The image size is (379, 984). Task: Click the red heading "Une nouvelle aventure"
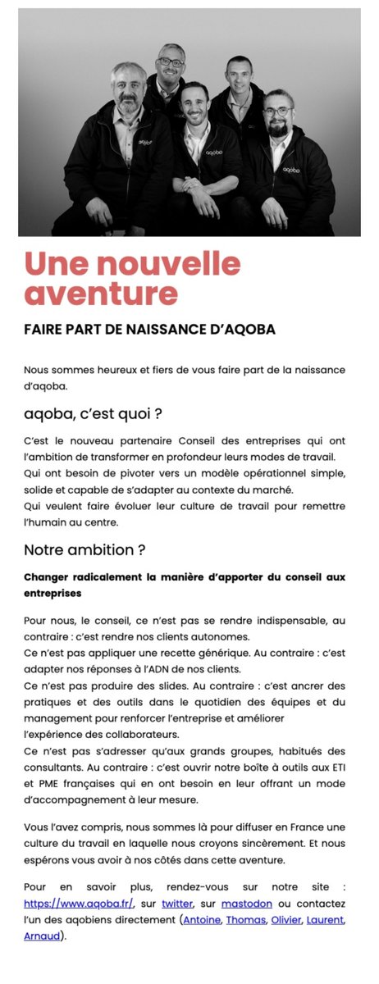(x=132, y=279)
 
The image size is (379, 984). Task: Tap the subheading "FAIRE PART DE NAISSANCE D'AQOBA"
(x=149, y=330)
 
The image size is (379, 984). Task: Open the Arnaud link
(x=42, y=935)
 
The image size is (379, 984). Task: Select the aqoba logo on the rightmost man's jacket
(x=292, y=170)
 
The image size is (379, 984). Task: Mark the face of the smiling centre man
(x=194, y=103)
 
